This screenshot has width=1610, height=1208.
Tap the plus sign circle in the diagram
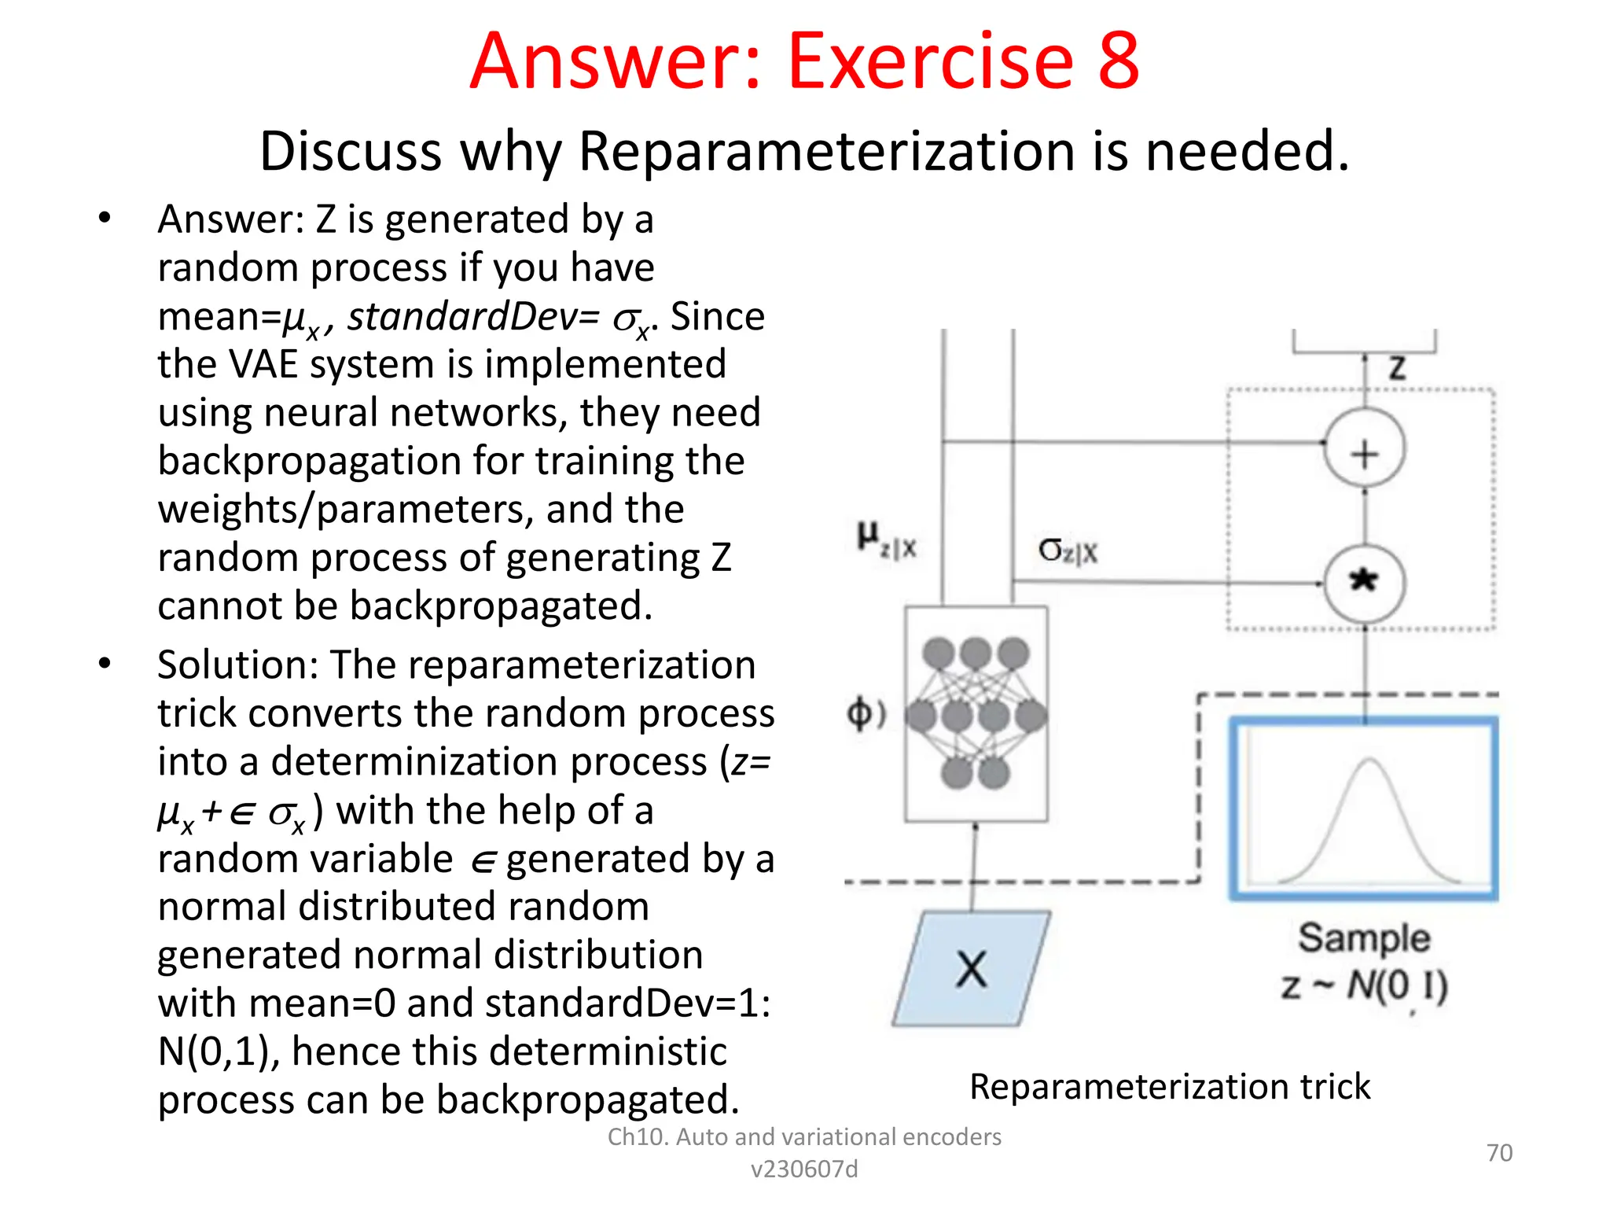click(x=1365, y=453)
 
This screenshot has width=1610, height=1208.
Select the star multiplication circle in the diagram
click(x=1365, y=583)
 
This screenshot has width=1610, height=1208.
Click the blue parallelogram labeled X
click(x=972, y=969)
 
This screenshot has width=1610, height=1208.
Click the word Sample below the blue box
click(x=1364, y=938)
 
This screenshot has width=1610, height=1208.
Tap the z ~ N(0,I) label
click(x=1364, y=986)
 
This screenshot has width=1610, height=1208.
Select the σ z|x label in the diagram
click(x=1068, y=551)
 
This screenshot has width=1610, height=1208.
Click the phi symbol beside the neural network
click(x=863, y=714)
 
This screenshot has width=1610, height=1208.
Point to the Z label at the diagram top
click(x=1397, y=368)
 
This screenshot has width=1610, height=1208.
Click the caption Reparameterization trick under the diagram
click(x=1170, y=1087)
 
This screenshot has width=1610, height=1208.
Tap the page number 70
click(x=1499, y=1153)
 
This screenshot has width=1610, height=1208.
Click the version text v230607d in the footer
click(x=804, y=1169)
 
